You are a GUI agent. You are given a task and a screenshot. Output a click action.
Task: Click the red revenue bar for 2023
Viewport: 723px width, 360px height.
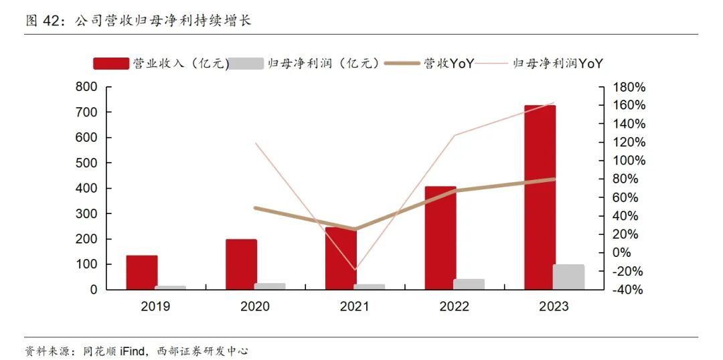pyautogui.click(x=540, y=197)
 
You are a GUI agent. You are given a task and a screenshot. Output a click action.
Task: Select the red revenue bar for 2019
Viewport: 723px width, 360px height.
pyautogui.click(x=142, y=272)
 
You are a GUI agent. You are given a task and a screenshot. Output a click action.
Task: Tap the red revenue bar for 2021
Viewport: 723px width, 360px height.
pyautogui.click(x=341, y=258)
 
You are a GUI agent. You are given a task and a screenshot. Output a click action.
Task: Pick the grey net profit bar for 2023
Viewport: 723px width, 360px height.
pyautogui.click(x=568, y=277)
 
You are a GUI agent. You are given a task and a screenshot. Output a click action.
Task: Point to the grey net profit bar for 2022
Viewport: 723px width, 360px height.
pyautogui.click(x=469, y=284)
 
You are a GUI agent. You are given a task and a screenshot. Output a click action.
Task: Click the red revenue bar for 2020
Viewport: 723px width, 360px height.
pyautogui.click(x=241, y=264)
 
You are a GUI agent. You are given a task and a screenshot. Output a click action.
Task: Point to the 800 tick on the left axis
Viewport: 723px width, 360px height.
pyautogui.click(x=86, y=87)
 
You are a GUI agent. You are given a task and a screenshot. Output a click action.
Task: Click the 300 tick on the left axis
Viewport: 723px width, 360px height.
pyautogui.click(x=86, y=213)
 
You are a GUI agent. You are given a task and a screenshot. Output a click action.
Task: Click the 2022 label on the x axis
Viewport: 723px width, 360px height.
pyautogui.click(x=454, y=306)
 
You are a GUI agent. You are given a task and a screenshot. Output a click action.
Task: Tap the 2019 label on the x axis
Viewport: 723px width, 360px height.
pyautogui.click(x=155, y=306)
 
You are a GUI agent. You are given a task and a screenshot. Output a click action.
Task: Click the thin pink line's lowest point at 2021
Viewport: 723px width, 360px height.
pyautogui.click(x=355, y=270)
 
